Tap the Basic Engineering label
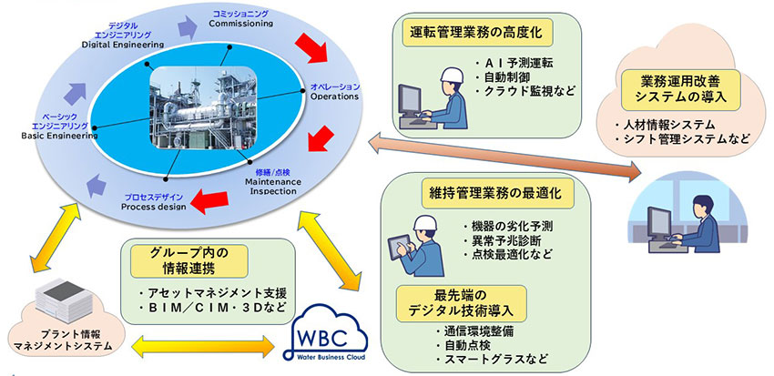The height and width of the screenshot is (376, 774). point(60,125)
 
